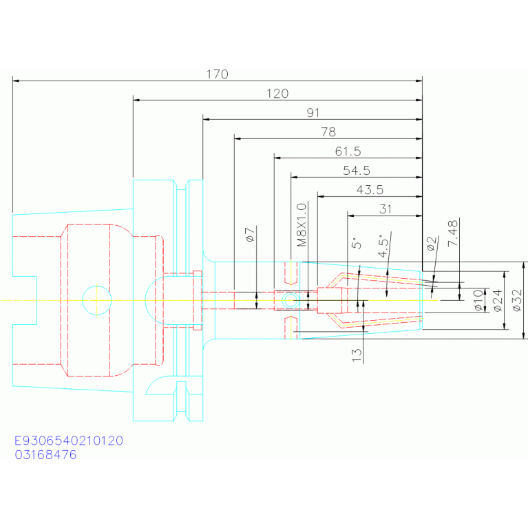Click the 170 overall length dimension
tap(218, 74)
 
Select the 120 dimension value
tap(277, 93)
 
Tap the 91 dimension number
tap(313, 112)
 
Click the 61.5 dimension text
tap(348, 151)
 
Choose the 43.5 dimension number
tap(370, 189)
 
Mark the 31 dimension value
tap(386, 208)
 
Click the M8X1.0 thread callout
tap(301, 225)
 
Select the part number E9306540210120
tap(69, 441)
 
